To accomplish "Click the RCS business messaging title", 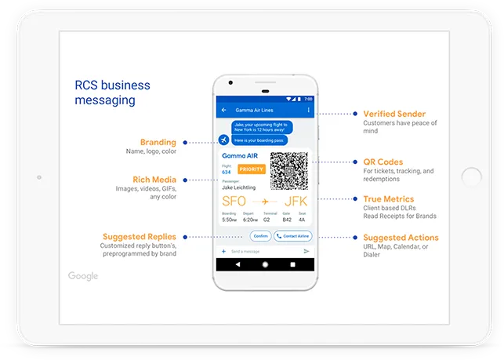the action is pos(112,93).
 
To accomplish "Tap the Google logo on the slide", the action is pos(83,276).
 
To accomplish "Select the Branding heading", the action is pos(158,143).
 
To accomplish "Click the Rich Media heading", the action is pos(154,179).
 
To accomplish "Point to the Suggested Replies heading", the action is pos(140,237).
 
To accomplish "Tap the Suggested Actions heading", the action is pos(401,238).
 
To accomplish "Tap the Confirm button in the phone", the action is pos(260,236).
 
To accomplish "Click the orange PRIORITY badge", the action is pos(252,169).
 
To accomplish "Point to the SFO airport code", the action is pos(234,202).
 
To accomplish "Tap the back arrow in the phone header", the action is pos(224,111).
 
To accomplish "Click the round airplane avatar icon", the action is pos(224,140).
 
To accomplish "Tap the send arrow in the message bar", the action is pos(306,251).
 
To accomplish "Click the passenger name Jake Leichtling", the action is pos(238,187).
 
